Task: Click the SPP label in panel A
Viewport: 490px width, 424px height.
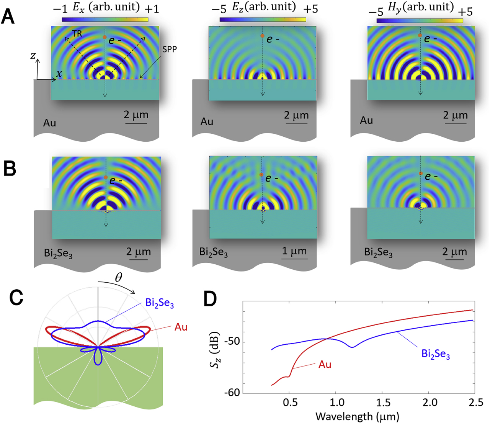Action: pyautogui.click(x=169, y=50)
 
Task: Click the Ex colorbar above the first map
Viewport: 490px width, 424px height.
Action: pyautogui.click(x=105, y=19)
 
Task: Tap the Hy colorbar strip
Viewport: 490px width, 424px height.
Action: pyautogui.click(x=420, y=20)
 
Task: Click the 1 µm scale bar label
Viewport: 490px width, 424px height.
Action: pyautogui.click(x=294, y=251)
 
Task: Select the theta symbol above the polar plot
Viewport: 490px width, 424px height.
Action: pyautogui.click(x=119, y=278)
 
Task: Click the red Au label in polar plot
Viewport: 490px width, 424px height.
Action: pyautogui.click(x=181, y=327)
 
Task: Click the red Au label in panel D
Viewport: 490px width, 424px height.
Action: pyautogui.click(x=325, y=364)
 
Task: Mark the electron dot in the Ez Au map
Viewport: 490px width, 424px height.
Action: pyautogui.click(x=262, y=36)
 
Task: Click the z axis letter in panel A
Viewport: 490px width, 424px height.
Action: pyautogui.click(x=33, y=56)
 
